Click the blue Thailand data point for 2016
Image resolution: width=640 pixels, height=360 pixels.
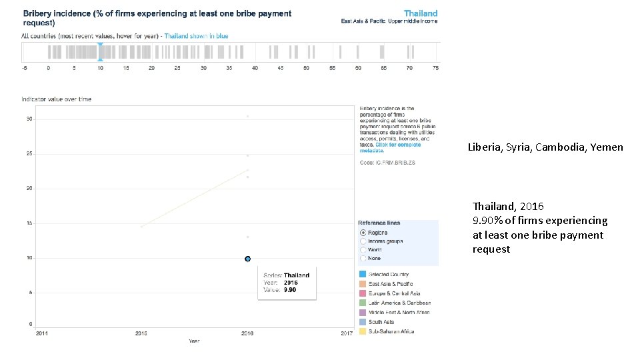click(x=247, y=259)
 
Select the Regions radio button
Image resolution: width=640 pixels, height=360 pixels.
click(x=363, y=232)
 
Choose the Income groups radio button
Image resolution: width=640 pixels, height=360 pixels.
click(x=363, y=241)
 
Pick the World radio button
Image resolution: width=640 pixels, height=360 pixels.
click(x=363, y=249)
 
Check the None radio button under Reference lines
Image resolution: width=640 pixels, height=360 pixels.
click(x=363, y=258)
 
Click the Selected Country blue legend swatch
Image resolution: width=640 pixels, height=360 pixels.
click(x=362, y=274)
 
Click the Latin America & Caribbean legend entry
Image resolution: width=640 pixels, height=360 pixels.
click(x=399, y=303)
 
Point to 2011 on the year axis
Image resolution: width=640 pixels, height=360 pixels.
click(x=41, y=333)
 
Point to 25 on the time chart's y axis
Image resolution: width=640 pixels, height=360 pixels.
click(x=29, y=154)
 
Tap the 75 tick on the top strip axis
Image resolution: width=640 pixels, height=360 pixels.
click(x=435, y=68)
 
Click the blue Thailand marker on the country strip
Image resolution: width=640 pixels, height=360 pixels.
click(x=100, y=52)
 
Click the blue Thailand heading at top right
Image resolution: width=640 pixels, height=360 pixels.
click(x=421, y=13)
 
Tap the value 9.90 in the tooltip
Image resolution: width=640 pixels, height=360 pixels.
click(x=289, y=290)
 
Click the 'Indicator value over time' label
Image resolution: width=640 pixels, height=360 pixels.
click(x=57, y=99)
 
